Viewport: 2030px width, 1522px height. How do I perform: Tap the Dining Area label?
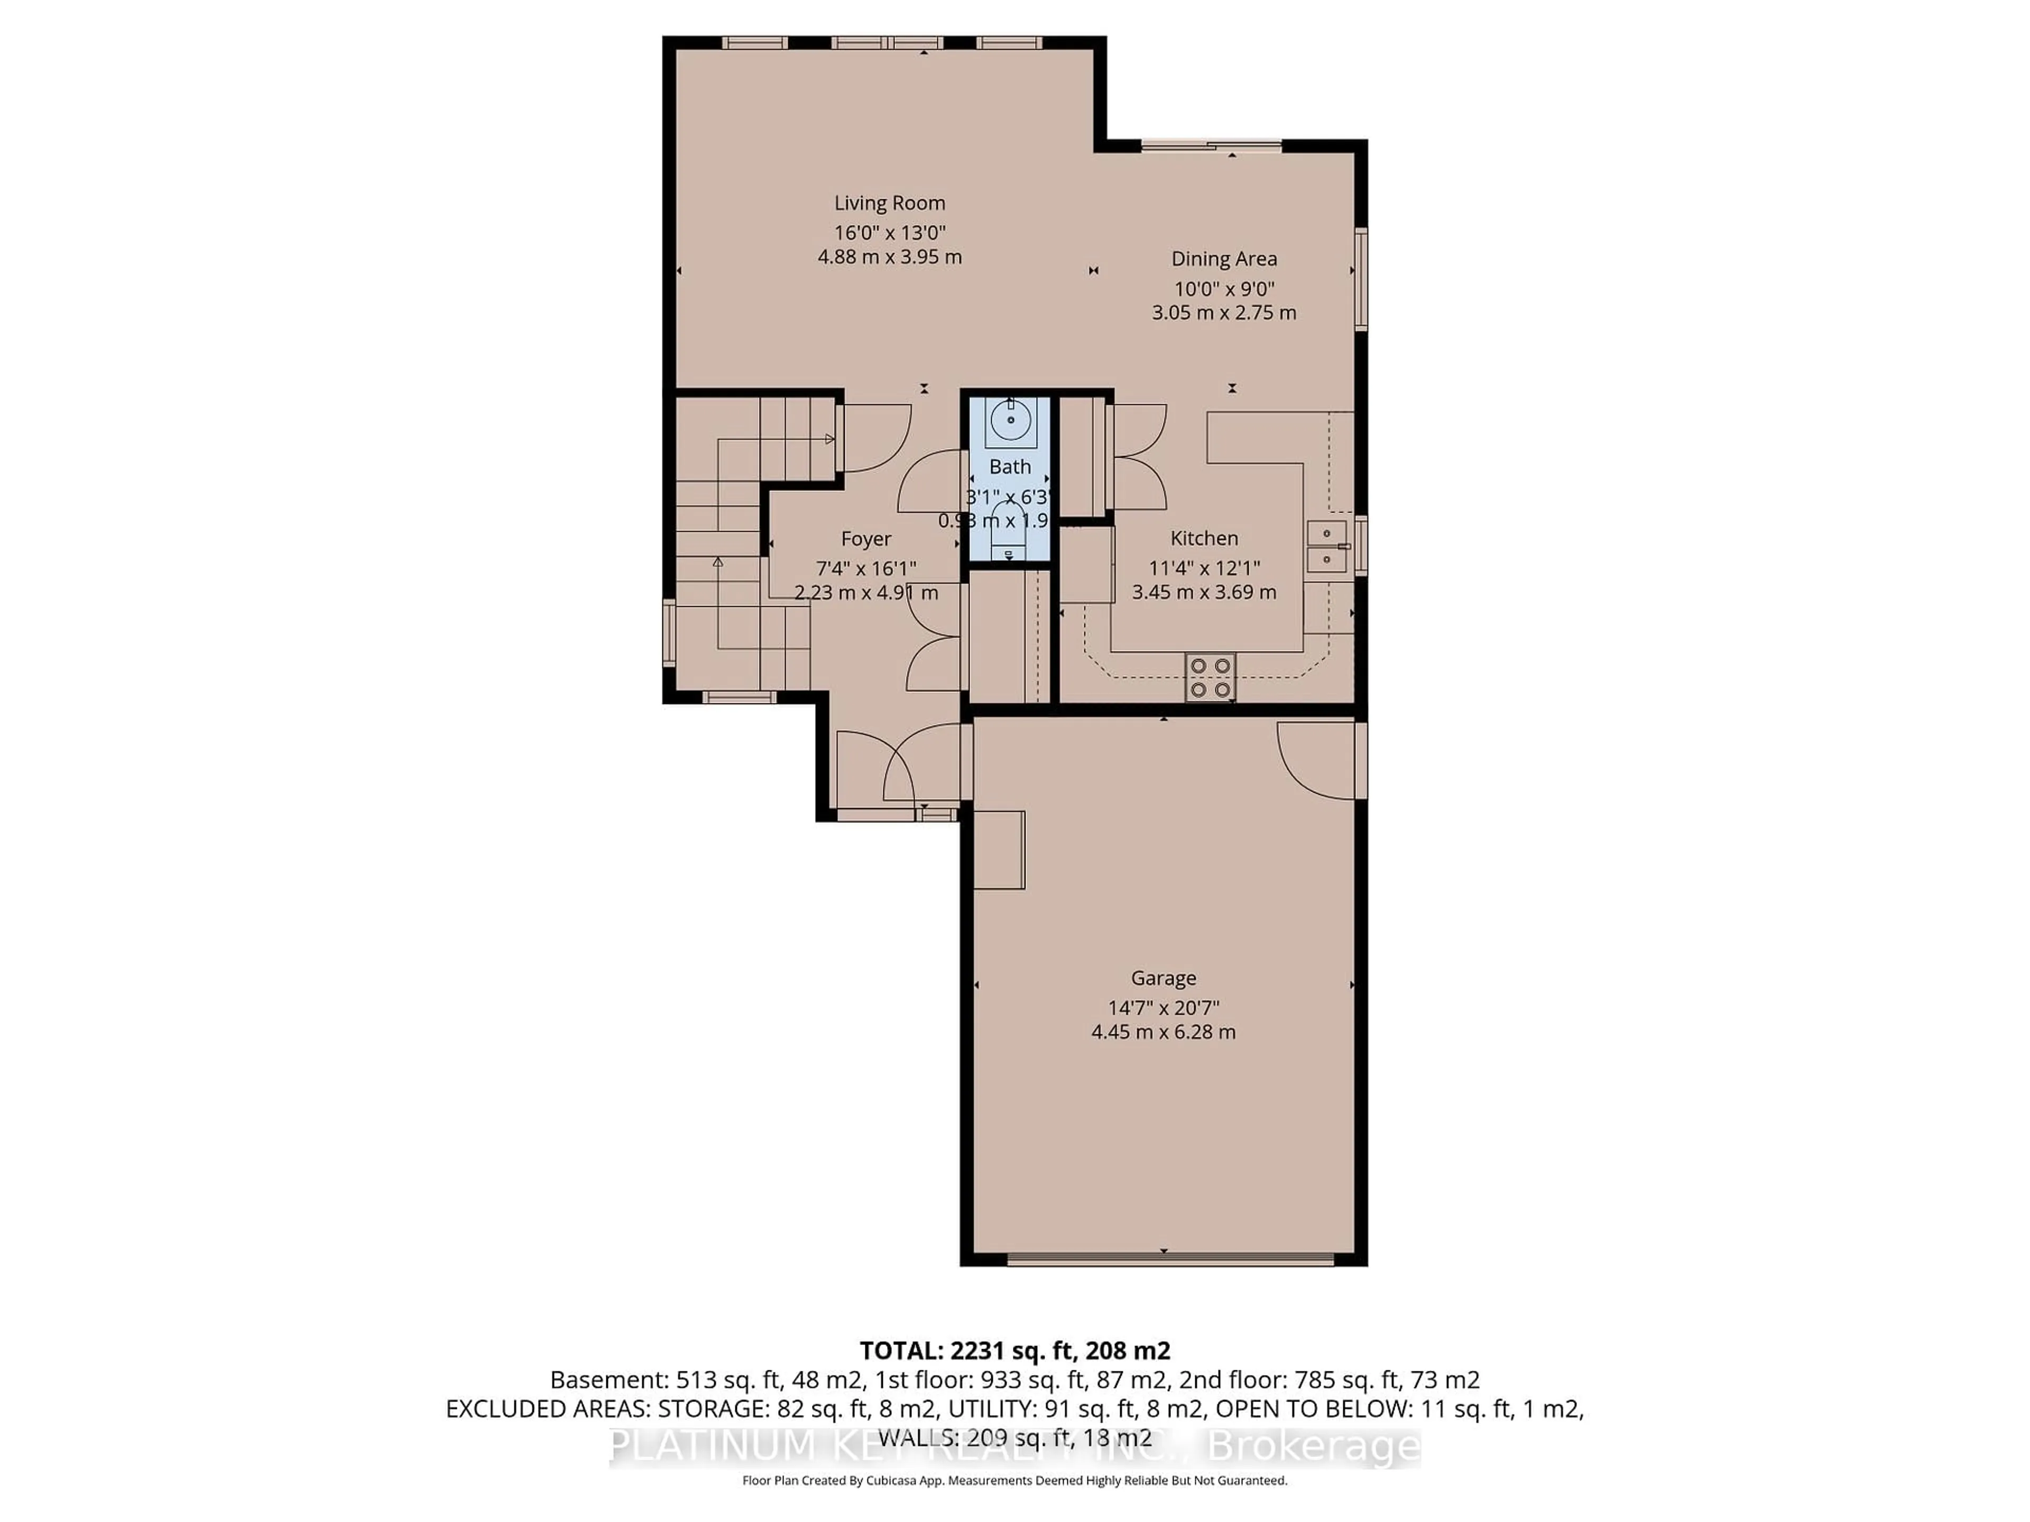click(x=1223, y=259)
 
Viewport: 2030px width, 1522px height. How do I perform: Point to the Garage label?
click(x=1162, y=978)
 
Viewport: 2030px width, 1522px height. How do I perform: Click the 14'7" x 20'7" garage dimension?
click(x=1162, y=1007)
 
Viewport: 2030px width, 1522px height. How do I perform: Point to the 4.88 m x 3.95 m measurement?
click(x=889, y=257)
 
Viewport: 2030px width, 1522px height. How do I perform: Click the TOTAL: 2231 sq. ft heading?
click(x=1014, y=1350)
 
